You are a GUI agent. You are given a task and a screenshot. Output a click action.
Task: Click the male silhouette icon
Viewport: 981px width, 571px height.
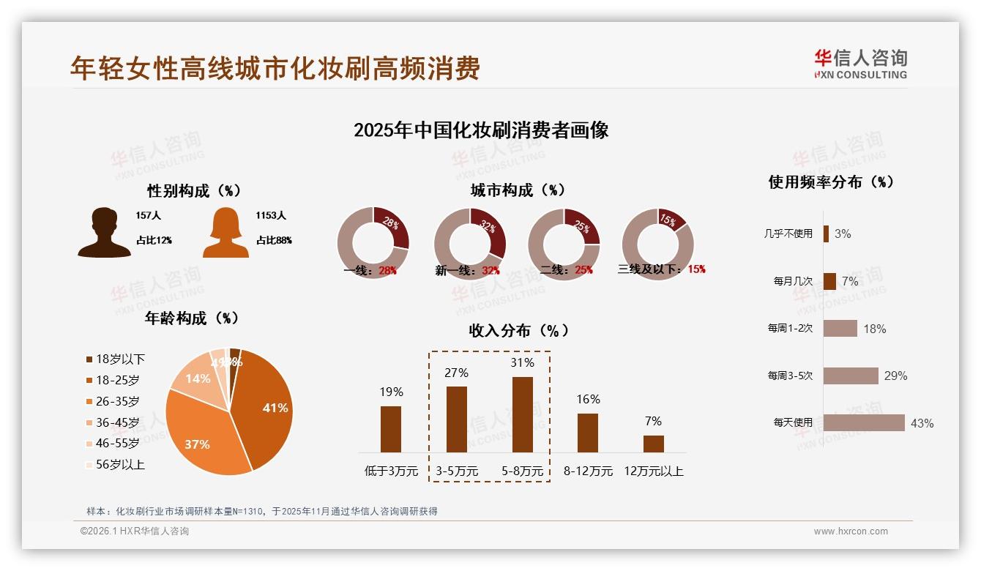click(104, 233)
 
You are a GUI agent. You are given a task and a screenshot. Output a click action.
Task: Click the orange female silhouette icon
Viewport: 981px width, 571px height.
click(225, 233)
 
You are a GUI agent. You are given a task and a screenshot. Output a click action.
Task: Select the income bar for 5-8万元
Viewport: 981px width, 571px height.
click(522, 414)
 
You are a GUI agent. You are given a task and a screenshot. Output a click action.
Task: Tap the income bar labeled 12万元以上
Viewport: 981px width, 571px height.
click(653, 444)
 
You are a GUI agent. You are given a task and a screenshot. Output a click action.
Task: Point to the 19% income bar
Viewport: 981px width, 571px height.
click(391, 429)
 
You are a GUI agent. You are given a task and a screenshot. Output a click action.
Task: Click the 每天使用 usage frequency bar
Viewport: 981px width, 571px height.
click(864, 422)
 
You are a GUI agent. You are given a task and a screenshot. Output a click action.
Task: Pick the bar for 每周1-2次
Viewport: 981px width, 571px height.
click(840, 328)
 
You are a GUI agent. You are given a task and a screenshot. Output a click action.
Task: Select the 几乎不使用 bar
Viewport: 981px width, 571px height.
click(826, 234)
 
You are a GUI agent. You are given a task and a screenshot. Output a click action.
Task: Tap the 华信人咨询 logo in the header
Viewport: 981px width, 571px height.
click(860, 64)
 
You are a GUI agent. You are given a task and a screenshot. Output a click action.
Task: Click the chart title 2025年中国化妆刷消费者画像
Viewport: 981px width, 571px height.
click(481, 130)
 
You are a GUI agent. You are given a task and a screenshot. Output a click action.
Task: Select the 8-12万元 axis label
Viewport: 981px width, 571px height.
click(588, 471)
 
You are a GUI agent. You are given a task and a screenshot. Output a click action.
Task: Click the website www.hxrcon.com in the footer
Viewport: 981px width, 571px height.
click(851, 531)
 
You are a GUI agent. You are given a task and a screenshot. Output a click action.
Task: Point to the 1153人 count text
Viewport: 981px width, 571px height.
click(270, 216)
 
